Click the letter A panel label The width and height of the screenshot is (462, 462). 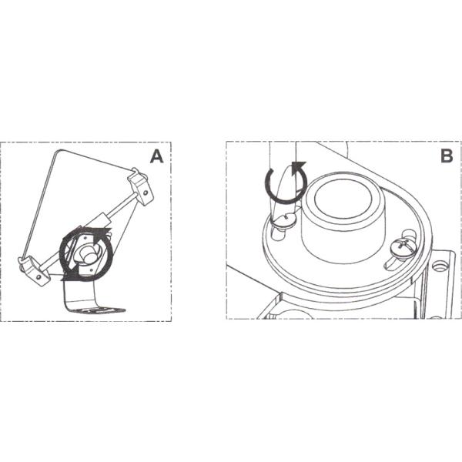click(156, 156)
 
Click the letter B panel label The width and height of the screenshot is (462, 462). click(447, 156)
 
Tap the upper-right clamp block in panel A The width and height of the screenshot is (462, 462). click(141, 187)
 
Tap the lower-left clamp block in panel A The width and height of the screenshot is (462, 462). click(35, 270)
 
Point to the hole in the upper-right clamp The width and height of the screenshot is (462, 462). click(146, 192)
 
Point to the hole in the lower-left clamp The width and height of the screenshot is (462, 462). click(38, 277)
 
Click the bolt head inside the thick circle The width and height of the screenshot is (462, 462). click(88, 256)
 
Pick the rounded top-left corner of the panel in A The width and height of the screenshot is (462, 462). click(58, 152)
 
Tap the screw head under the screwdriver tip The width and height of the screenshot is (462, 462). click(283, 219)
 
